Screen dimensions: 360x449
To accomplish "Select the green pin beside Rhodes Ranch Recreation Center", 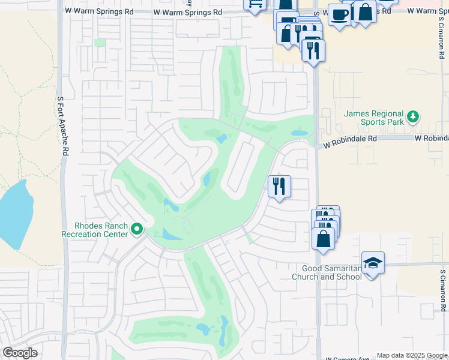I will [137, 229].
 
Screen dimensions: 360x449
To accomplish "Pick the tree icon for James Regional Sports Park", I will [412, 115].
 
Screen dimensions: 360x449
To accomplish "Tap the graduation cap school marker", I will [373, 263].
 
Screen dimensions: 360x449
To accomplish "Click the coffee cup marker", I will [339, 16].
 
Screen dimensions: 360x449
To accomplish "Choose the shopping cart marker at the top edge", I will [255, 4].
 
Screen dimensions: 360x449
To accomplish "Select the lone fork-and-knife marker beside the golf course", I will [279, 187].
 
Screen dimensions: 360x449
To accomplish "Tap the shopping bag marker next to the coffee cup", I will [364, 13].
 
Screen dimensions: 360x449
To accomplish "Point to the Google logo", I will [20, 353].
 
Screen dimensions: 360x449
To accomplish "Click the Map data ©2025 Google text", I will [412, 355].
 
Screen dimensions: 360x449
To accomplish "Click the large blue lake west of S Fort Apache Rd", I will [13, 213].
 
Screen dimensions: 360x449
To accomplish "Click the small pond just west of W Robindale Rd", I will [298, 133].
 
